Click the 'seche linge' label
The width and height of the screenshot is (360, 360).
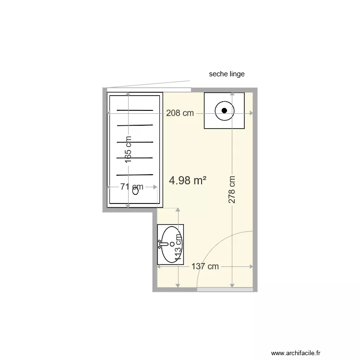click(x=227, y=74)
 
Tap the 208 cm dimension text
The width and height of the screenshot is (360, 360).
click(x=180, y=113)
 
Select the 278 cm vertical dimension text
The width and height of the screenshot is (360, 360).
click(x=232, y=190)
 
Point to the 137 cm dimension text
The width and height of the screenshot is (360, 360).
click(x=205, y=266)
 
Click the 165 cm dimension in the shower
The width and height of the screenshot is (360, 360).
click(x=128, y=150)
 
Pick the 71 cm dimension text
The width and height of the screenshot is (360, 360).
click(x=132, y=187)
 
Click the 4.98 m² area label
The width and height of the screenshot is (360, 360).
click(x=188, y=180)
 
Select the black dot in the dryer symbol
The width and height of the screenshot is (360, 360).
click(x=224, y=111)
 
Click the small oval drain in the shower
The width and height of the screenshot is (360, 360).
click(x=135, y=191)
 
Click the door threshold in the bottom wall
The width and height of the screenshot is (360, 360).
click(x=225, y=289)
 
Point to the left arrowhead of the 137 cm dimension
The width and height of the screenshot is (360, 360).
click(x=159, y=266)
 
